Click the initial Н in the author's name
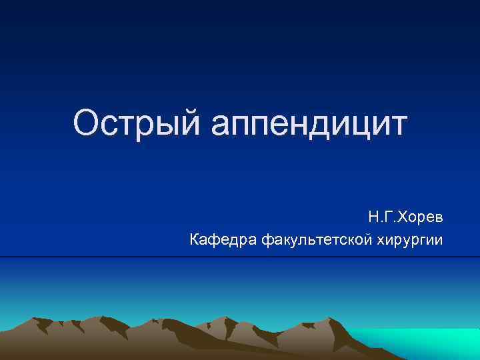[371, 218]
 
